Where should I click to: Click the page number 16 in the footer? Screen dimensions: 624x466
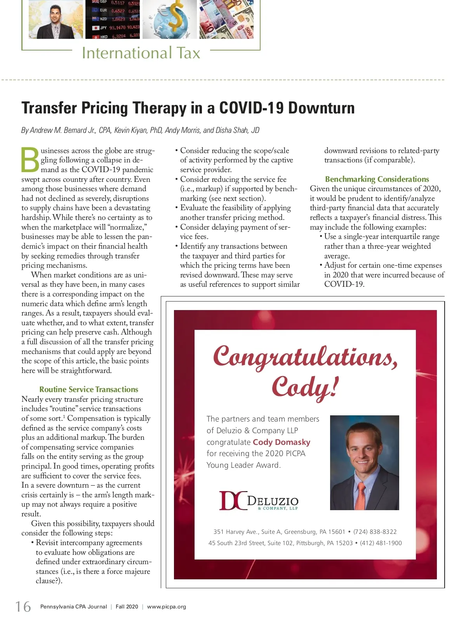tap(23, 607)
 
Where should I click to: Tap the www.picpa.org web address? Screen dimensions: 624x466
tap(167, 607)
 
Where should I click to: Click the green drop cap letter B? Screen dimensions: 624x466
tap(30, 160)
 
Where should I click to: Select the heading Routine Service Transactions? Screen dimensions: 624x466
tap(89, 389)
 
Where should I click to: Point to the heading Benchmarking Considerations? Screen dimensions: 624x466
tap(377, 179)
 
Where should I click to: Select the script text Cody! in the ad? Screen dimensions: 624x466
tap(305, 387)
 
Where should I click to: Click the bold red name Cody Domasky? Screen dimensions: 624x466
tap(282, 442)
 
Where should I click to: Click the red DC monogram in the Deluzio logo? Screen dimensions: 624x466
tap(233, 500)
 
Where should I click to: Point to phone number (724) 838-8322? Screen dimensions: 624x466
tap(375, 532)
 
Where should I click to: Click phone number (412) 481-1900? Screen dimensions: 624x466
tap(381, 543)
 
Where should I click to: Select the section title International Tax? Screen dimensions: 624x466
tap(141, 53)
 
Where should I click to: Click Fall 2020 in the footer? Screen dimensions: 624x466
tap(127, 607)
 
